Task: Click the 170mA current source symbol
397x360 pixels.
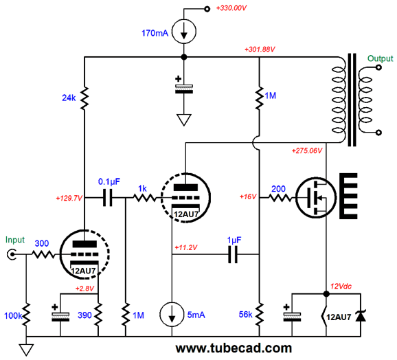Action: tap(184, 32)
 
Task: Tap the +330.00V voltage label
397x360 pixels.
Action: tap(231, 8)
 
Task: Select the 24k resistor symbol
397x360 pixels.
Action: tap(84, 98)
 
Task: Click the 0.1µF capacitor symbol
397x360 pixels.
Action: tap(108, 197)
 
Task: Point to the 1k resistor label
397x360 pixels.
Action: tap(142, 189)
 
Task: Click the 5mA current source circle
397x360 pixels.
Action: tap(172, 314)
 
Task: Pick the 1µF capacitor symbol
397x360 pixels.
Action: tap(233, 254)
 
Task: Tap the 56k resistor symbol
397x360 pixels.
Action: tap(259, 314)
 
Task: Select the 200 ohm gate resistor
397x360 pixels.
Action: tap(280, 198)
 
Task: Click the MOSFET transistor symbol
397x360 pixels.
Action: tap(316, 197)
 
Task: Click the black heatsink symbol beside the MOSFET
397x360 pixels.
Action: tap(348, 196)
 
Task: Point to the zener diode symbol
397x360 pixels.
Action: tap(361, 316)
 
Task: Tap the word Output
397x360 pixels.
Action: tap(380, 58)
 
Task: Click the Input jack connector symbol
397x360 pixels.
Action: tap(12, 254)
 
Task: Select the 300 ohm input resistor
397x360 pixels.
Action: tap(43, 254)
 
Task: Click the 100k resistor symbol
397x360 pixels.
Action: tap(26, 314)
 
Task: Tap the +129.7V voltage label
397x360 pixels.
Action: tap(69, 198)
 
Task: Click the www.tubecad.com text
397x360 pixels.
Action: tap(234, 348)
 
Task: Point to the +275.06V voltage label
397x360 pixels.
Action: tap(307, 151)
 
